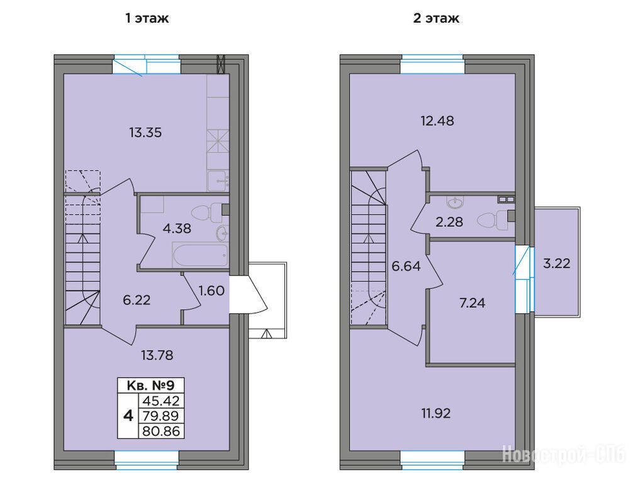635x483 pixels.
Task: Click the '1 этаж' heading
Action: coord(147,19)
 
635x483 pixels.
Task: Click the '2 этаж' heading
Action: coord(436,19)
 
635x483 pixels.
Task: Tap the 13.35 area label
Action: coord(145,133)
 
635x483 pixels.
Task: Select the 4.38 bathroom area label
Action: coord(177,229)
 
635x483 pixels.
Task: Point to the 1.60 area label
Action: coord(211,291)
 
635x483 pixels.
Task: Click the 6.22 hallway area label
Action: coord(137,300)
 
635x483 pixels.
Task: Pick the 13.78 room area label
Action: coord(157,355)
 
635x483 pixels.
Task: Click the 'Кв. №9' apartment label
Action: coord(150,385)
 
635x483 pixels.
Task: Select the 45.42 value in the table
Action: coord(161,401)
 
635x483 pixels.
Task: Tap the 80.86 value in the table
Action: coord(161,431)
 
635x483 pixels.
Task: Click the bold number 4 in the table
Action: coord(128,416)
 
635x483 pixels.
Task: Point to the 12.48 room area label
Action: coord(438,121)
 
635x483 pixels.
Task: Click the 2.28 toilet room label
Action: coord(449,222)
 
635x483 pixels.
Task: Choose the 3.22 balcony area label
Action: coord(557,264)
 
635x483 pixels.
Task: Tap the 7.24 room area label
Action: coord(472,303)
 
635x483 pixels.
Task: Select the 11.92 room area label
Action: coord(436,413)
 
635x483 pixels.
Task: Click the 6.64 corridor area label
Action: coord(406,266)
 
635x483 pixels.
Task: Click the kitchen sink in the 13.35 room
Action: coord(218,180)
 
